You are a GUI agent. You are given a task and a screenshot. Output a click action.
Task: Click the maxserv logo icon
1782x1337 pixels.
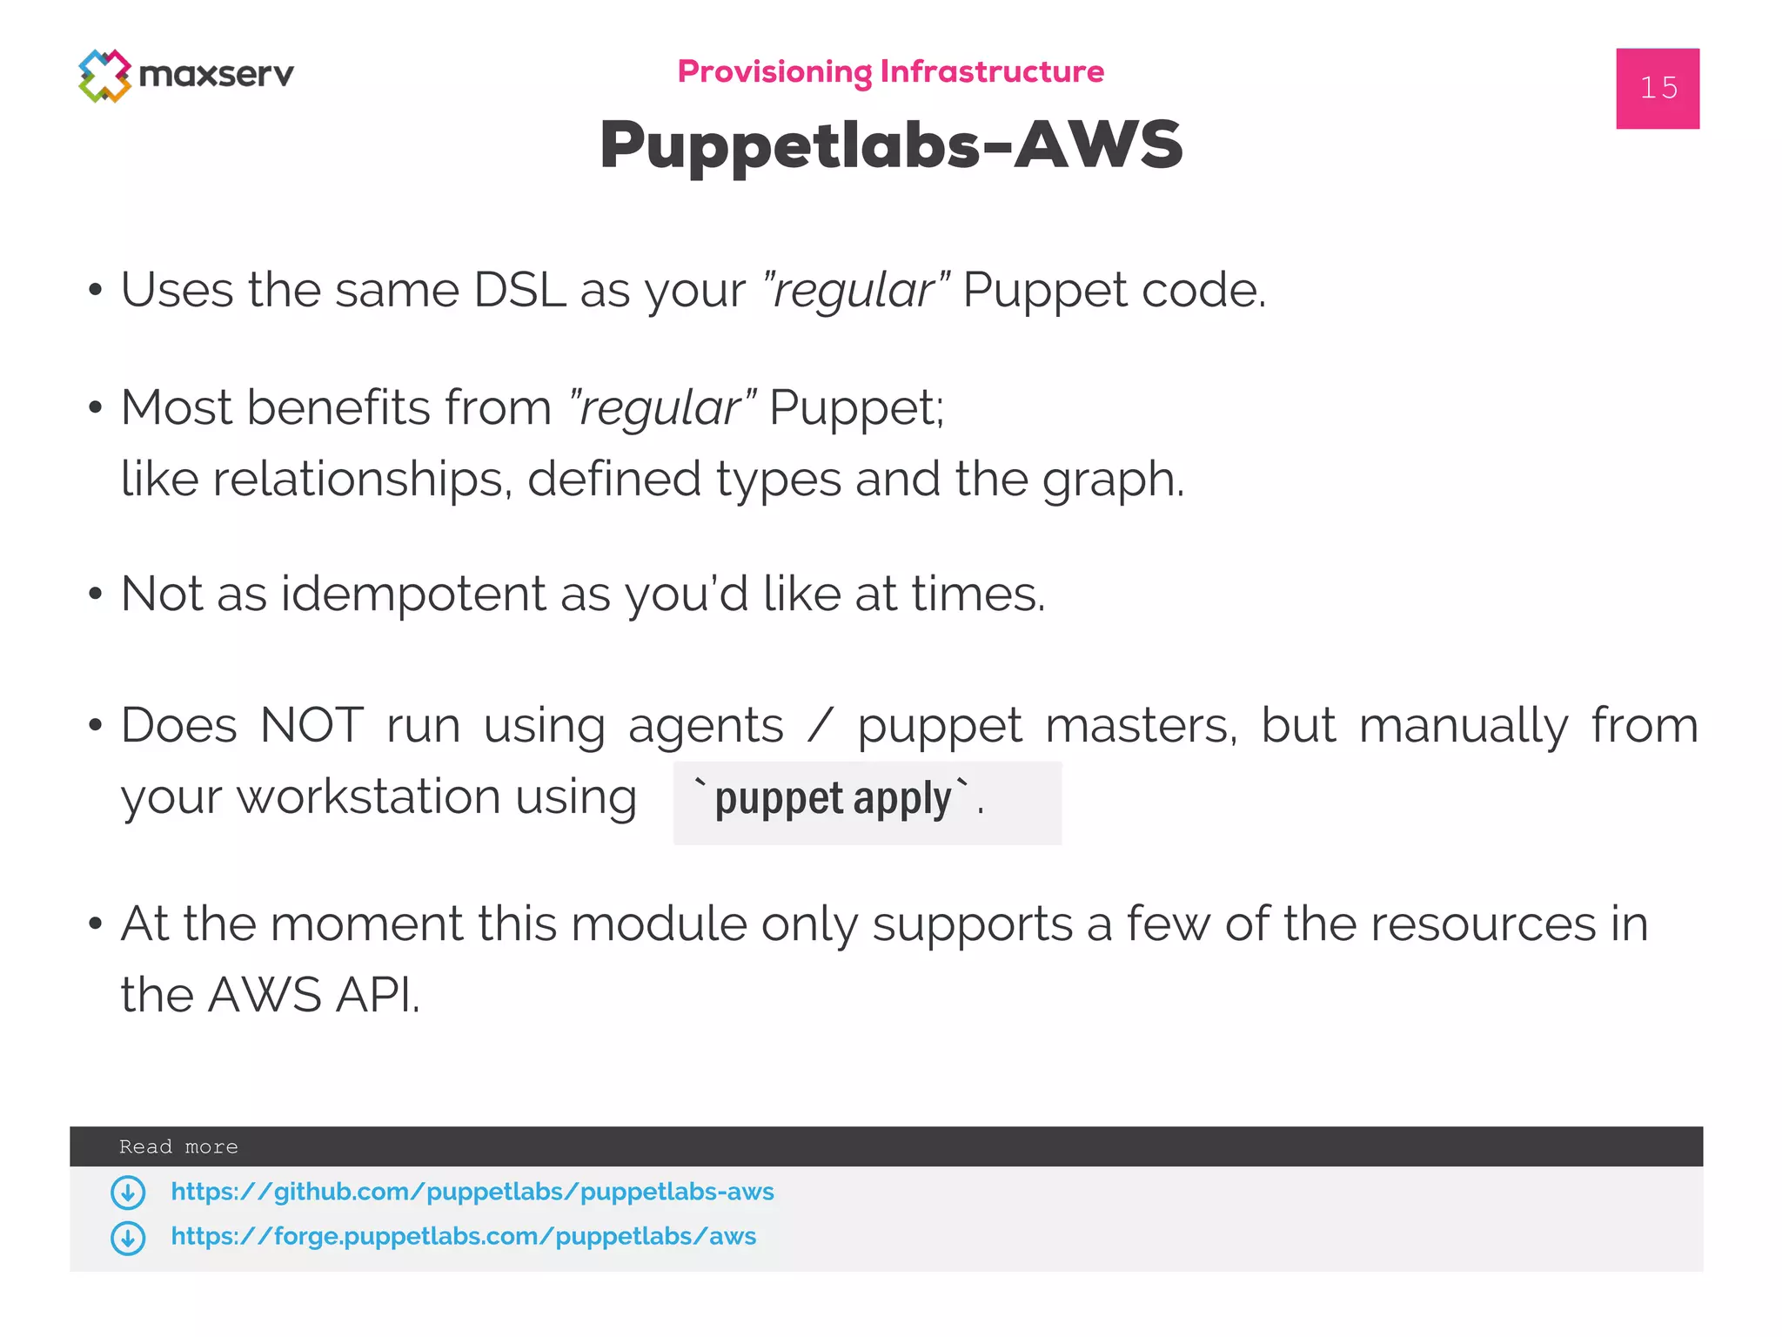click(104, 76)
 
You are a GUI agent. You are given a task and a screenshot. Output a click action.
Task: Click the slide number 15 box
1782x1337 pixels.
click(1657, 88)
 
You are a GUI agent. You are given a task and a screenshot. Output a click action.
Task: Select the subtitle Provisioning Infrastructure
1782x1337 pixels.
click(890, 71)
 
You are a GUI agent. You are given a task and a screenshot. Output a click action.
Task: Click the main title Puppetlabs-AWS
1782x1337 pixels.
click(890, 144)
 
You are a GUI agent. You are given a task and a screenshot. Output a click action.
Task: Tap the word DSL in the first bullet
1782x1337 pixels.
click(519, 290)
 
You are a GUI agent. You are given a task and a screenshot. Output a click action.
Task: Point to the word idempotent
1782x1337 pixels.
click(413, 595)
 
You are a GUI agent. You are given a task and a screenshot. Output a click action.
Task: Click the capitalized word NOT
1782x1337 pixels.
click(312, 725)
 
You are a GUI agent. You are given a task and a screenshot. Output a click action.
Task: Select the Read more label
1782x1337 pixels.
click(178, 1147)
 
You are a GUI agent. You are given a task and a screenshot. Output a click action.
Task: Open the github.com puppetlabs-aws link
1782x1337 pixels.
click(472, 1192)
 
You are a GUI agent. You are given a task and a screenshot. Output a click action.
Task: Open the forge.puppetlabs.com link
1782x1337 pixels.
click(463, 1237)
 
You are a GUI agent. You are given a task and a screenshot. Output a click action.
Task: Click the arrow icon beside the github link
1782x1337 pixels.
click(128, 1193)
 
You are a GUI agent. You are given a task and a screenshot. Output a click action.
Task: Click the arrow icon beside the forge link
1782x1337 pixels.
click(128, 1238)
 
